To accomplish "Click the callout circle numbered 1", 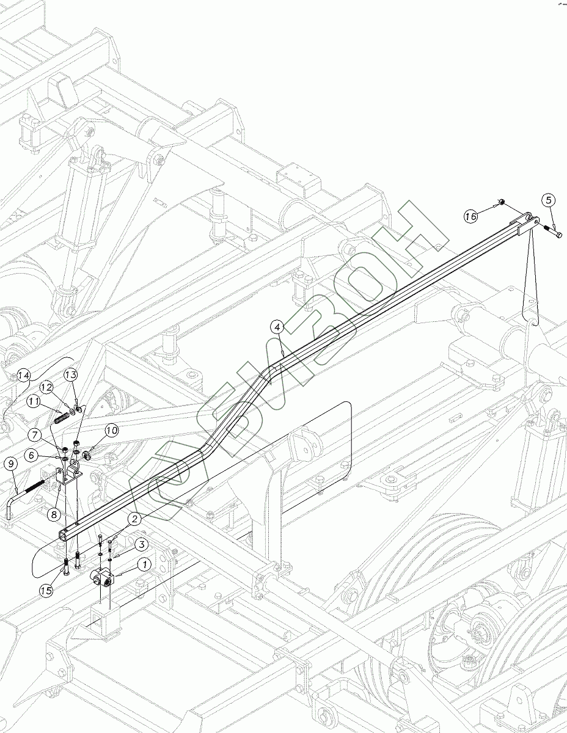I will [145, 564].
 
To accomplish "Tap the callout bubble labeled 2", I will [134, 519].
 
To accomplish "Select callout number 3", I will [140, 544].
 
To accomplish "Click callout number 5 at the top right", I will [547, 200].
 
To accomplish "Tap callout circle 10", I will [111, 432].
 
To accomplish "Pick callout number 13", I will [70, 374].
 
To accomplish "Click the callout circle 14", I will [23, 374].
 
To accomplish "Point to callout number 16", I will [470, 216].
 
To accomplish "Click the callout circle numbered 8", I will [54, 514].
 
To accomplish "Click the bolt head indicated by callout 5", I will [558, 235].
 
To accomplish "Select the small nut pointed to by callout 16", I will [501, 203].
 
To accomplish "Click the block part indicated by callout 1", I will [103, 578].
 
